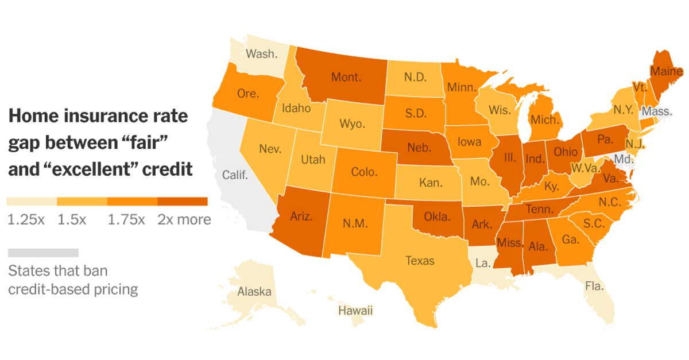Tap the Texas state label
pyautogui.click(x=420, y=261)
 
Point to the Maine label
pyautogui.click(x=666, y=72)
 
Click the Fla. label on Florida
pyautogui.click(x=594, y=285)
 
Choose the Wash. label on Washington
pyautogui.click(x=261, y=54)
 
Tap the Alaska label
pyautogui.click(x=254, y=292)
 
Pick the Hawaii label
pyautogui.click(x=355, y=311)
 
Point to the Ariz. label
pyautogui.click(x=301, y=216)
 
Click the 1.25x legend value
pyautogui.click(x=26, y=219)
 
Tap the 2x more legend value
pyautogui.click(x=184, y=219)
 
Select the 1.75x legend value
pyautogui.click(x=126, y=219)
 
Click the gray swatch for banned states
pyautogui.click(x=43, y=253)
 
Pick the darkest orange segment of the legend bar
pyautogui.click(x=182, y=202)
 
